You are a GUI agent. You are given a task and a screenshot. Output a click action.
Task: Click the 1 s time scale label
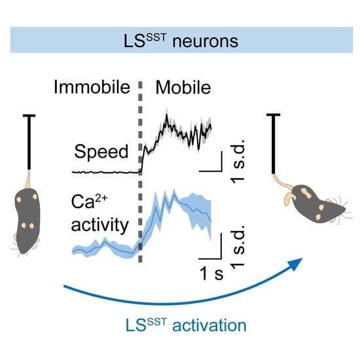pyautogui.click(x=210, y=274)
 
